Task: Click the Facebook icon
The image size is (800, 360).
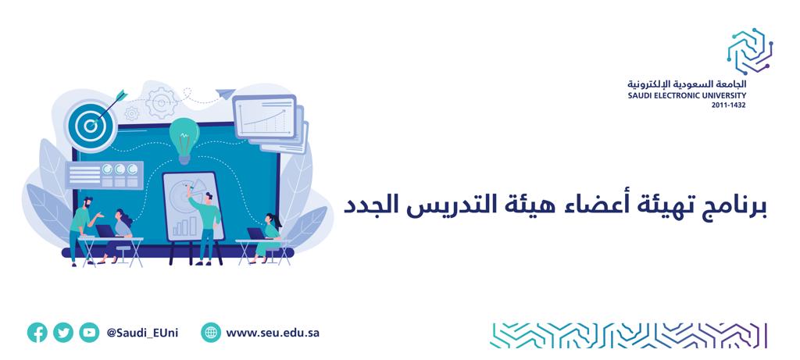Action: click(37, 333)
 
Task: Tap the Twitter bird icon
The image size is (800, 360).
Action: click(63, 333)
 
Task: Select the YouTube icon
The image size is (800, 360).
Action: click(89, 333)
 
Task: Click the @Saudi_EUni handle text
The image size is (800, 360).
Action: click(142, 333)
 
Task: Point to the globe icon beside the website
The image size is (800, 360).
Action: click(211, 333)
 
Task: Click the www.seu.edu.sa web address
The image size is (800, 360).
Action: click(273, 333)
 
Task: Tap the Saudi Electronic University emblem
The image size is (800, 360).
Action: click(749, 51)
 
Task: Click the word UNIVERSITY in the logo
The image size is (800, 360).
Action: click(724, 95)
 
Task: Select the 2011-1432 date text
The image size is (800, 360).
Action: click(729, 105)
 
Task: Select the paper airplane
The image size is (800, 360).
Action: click(225, 93)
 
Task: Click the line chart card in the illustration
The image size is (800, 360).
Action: click(264, 117)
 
